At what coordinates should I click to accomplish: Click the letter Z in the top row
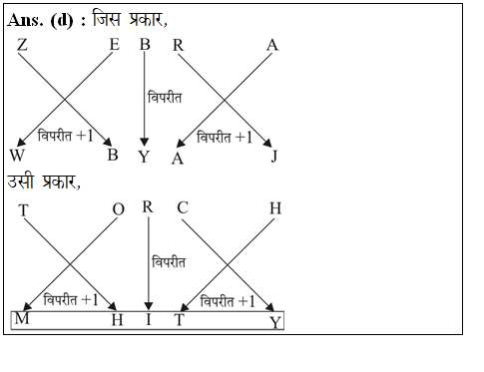pos(23,45)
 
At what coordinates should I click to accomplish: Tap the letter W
pos(16,156)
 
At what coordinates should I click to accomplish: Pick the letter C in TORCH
pos(183,208)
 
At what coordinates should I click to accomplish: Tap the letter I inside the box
pos(149,319)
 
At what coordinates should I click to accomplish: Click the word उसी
pos(23,183)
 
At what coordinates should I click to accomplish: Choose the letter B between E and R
pos(145,45)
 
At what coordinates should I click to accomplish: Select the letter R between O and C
pos(148,207)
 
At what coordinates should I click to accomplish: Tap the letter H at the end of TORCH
pos(276,208)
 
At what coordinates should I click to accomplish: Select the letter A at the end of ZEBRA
pos(272,45)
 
